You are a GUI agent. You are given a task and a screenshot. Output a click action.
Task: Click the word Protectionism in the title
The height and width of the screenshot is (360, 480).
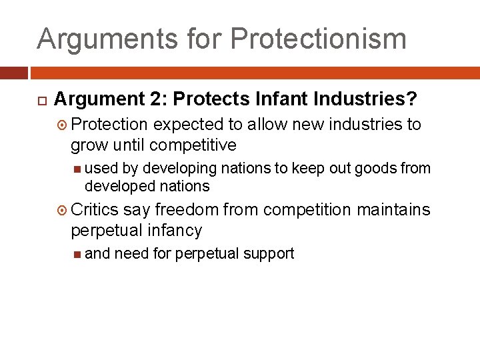[x=318, y=39]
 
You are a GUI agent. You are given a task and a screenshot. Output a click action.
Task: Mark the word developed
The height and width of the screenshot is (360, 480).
[x=117, y=186]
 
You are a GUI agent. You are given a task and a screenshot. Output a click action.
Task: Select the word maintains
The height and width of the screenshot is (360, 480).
[x=393, y=210]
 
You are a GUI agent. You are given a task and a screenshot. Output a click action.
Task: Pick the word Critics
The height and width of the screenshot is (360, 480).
[x=95, y=210]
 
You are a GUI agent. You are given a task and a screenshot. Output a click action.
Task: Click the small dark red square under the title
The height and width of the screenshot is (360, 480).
[x=13, y=71]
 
